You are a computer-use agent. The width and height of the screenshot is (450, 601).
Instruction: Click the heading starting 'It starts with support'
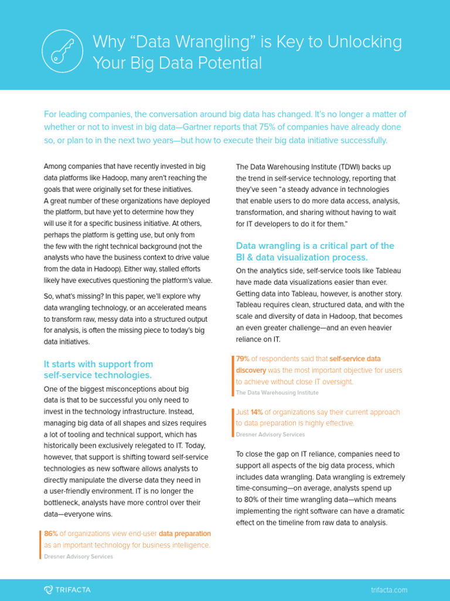tap(98, 370)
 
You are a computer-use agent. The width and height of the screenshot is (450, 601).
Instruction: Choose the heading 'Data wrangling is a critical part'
tap(315, 251)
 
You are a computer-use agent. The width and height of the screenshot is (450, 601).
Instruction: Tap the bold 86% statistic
tap(50, 534)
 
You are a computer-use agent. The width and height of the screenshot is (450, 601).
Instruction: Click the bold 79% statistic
tap(243, 358)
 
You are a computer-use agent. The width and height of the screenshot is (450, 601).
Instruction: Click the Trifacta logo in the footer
tap(67, 589)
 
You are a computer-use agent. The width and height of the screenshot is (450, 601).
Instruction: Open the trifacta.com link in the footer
tap(389, 590)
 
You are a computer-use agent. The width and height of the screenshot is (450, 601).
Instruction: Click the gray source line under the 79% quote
tap(277, 393)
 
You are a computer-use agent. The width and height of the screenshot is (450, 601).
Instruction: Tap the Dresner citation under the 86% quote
tap(79, 556)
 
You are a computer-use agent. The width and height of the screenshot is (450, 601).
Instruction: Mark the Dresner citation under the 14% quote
tap(270, 434)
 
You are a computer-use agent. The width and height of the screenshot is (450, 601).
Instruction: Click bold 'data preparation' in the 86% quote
tap(185, 534)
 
